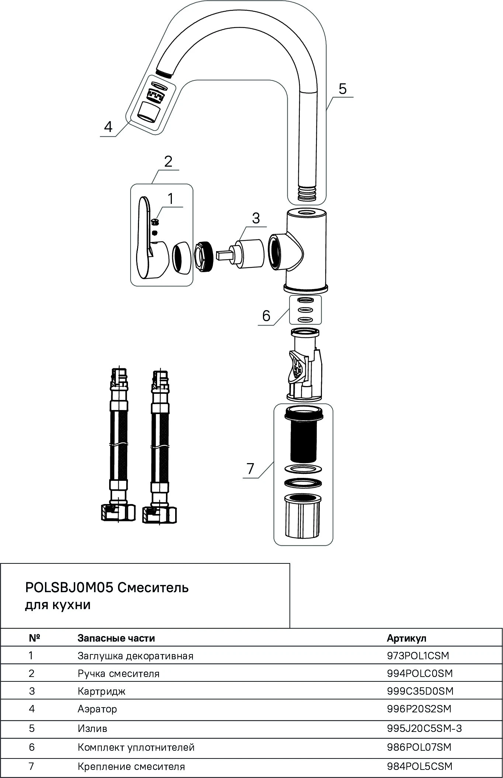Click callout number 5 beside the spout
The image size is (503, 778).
coord(343,89)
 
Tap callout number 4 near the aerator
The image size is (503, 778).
coord(108,127)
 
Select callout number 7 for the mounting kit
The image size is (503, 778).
coord(250,469)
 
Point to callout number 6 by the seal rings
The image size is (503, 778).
coord(266,316)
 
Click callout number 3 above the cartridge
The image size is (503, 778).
coord(256,218)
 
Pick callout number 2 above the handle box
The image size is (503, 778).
coord(168,161)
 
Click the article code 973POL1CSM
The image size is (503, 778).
coord(418,656)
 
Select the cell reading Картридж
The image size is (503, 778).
coord(101,691)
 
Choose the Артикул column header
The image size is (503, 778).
coord(406,638)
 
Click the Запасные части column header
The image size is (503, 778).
coord(116,638)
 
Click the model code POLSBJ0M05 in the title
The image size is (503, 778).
coord(69,587)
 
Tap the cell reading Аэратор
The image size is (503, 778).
coord(97,709)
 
